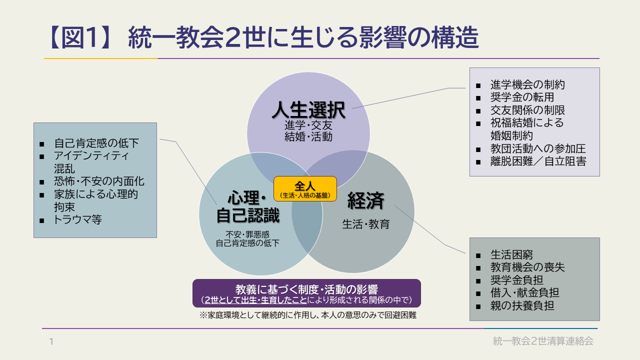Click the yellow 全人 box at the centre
(x=305, y=189)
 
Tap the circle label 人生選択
(x=308, y=111)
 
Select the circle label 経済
(x=366, y=200)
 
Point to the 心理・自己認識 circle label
(x=247, y=206)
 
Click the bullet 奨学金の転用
(x=522, y=97)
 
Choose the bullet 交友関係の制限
(x=527, y=110)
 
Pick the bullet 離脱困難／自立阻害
(x=538, y=161)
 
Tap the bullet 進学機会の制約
(x=527, y=84)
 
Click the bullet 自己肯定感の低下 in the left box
(x=96, y=143)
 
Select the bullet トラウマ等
(x=77, y=219)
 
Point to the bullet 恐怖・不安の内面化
(x=99, y=181)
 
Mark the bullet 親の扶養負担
(x=522, y=305)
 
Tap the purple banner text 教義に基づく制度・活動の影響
(x=306, y=289)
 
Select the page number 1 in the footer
(x=51, y=342)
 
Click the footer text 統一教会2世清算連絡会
(x=543, y=341)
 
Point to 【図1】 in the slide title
(x=80, y=38)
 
